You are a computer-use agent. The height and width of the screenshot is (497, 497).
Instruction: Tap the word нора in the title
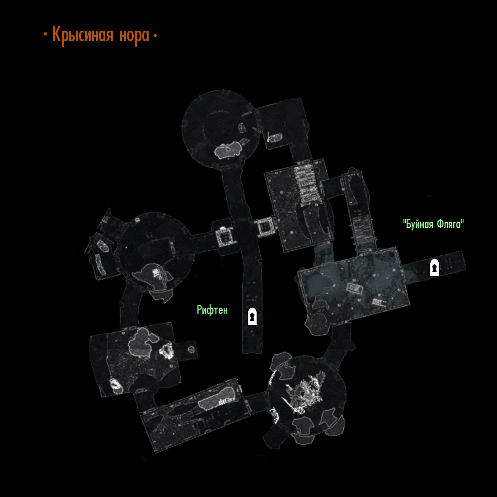pos(134,36)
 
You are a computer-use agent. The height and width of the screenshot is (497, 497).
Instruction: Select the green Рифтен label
pos(212,310)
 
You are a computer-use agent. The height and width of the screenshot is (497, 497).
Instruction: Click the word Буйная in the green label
pos(419,225)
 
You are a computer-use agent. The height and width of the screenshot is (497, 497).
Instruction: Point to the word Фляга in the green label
pos(450,225)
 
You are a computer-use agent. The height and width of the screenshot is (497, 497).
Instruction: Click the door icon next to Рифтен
pos(252,316)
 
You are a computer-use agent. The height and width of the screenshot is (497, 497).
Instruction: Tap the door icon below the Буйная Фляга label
pos(434,267)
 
